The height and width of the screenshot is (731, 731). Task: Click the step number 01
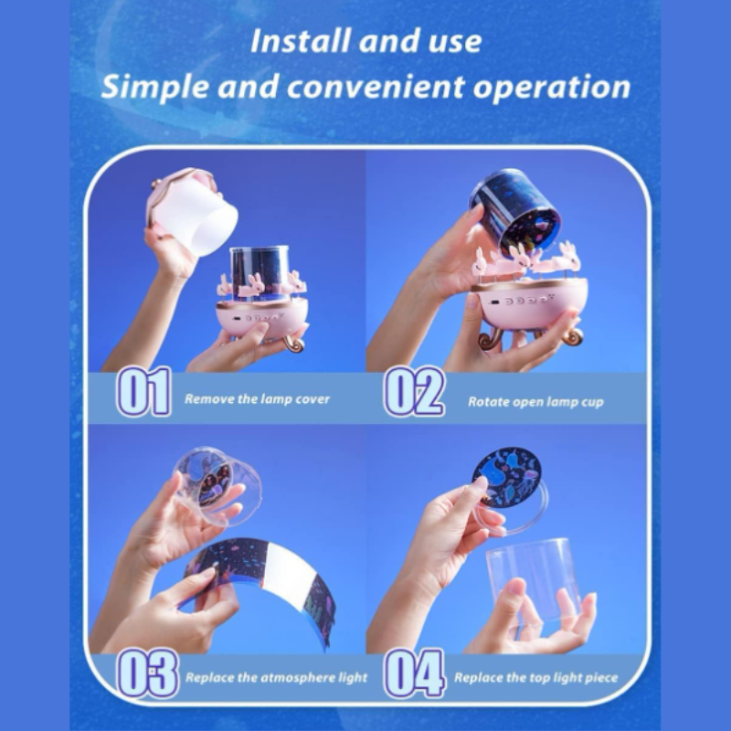(x=143, y=392)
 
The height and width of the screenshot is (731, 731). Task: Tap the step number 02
(x=414, y=392)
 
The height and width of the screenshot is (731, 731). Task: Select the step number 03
(x=147, y=673)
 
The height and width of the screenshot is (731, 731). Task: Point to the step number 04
(x=415, y=673)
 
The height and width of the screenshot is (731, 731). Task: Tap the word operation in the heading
(x=552, y=87)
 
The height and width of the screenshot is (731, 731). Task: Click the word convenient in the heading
(x=376, y=87)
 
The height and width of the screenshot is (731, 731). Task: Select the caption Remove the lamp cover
(x=258, y=399)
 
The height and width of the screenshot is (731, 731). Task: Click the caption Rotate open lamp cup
(x=535, y=402)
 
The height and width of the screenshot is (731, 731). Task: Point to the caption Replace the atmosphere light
(x=277, y=677)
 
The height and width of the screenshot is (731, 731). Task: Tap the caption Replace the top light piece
(x=536, y=677)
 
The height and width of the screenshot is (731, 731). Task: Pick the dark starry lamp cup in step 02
(x=515, y=211)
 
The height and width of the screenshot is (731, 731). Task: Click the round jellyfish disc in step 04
(x=506, y=477)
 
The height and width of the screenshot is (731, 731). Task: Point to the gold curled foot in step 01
(x=294, y=343)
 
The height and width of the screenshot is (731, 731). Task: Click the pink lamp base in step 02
(x=530, y=303)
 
